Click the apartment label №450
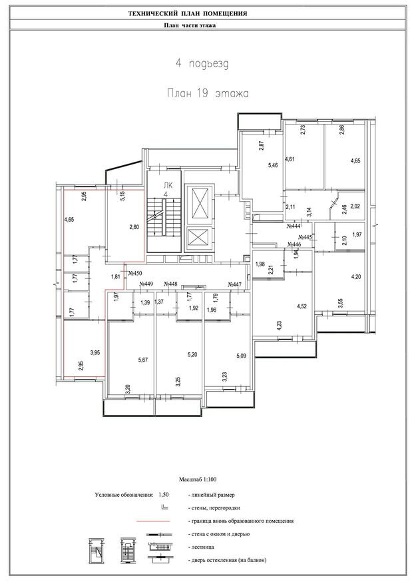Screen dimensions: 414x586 [135, 274]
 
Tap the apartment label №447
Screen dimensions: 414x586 [235, 285]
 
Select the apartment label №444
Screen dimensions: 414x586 [294, 226]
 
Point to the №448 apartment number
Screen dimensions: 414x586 [170, 284]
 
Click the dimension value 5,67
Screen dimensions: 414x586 [143, 360]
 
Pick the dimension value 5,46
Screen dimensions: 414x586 [273, 165]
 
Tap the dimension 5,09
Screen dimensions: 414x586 [241, 356]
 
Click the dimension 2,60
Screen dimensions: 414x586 [134, 227]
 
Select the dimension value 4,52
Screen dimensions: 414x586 [302, 306]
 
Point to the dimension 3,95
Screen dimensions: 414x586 [95, 352]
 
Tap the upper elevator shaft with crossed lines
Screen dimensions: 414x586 [200, 202]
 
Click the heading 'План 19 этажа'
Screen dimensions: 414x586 [208, 93]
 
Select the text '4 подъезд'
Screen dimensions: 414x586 [202, 63]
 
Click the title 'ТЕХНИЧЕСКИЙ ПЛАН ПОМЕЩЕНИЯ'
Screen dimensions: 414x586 [188, 14]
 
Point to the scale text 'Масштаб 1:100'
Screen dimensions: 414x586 [198, 479]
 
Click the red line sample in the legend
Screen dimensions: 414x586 [153, 521]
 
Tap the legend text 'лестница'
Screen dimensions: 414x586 [202, 547]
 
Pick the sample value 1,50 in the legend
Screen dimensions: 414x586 [164, 494]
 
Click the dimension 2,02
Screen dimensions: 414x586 [356, 206]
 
